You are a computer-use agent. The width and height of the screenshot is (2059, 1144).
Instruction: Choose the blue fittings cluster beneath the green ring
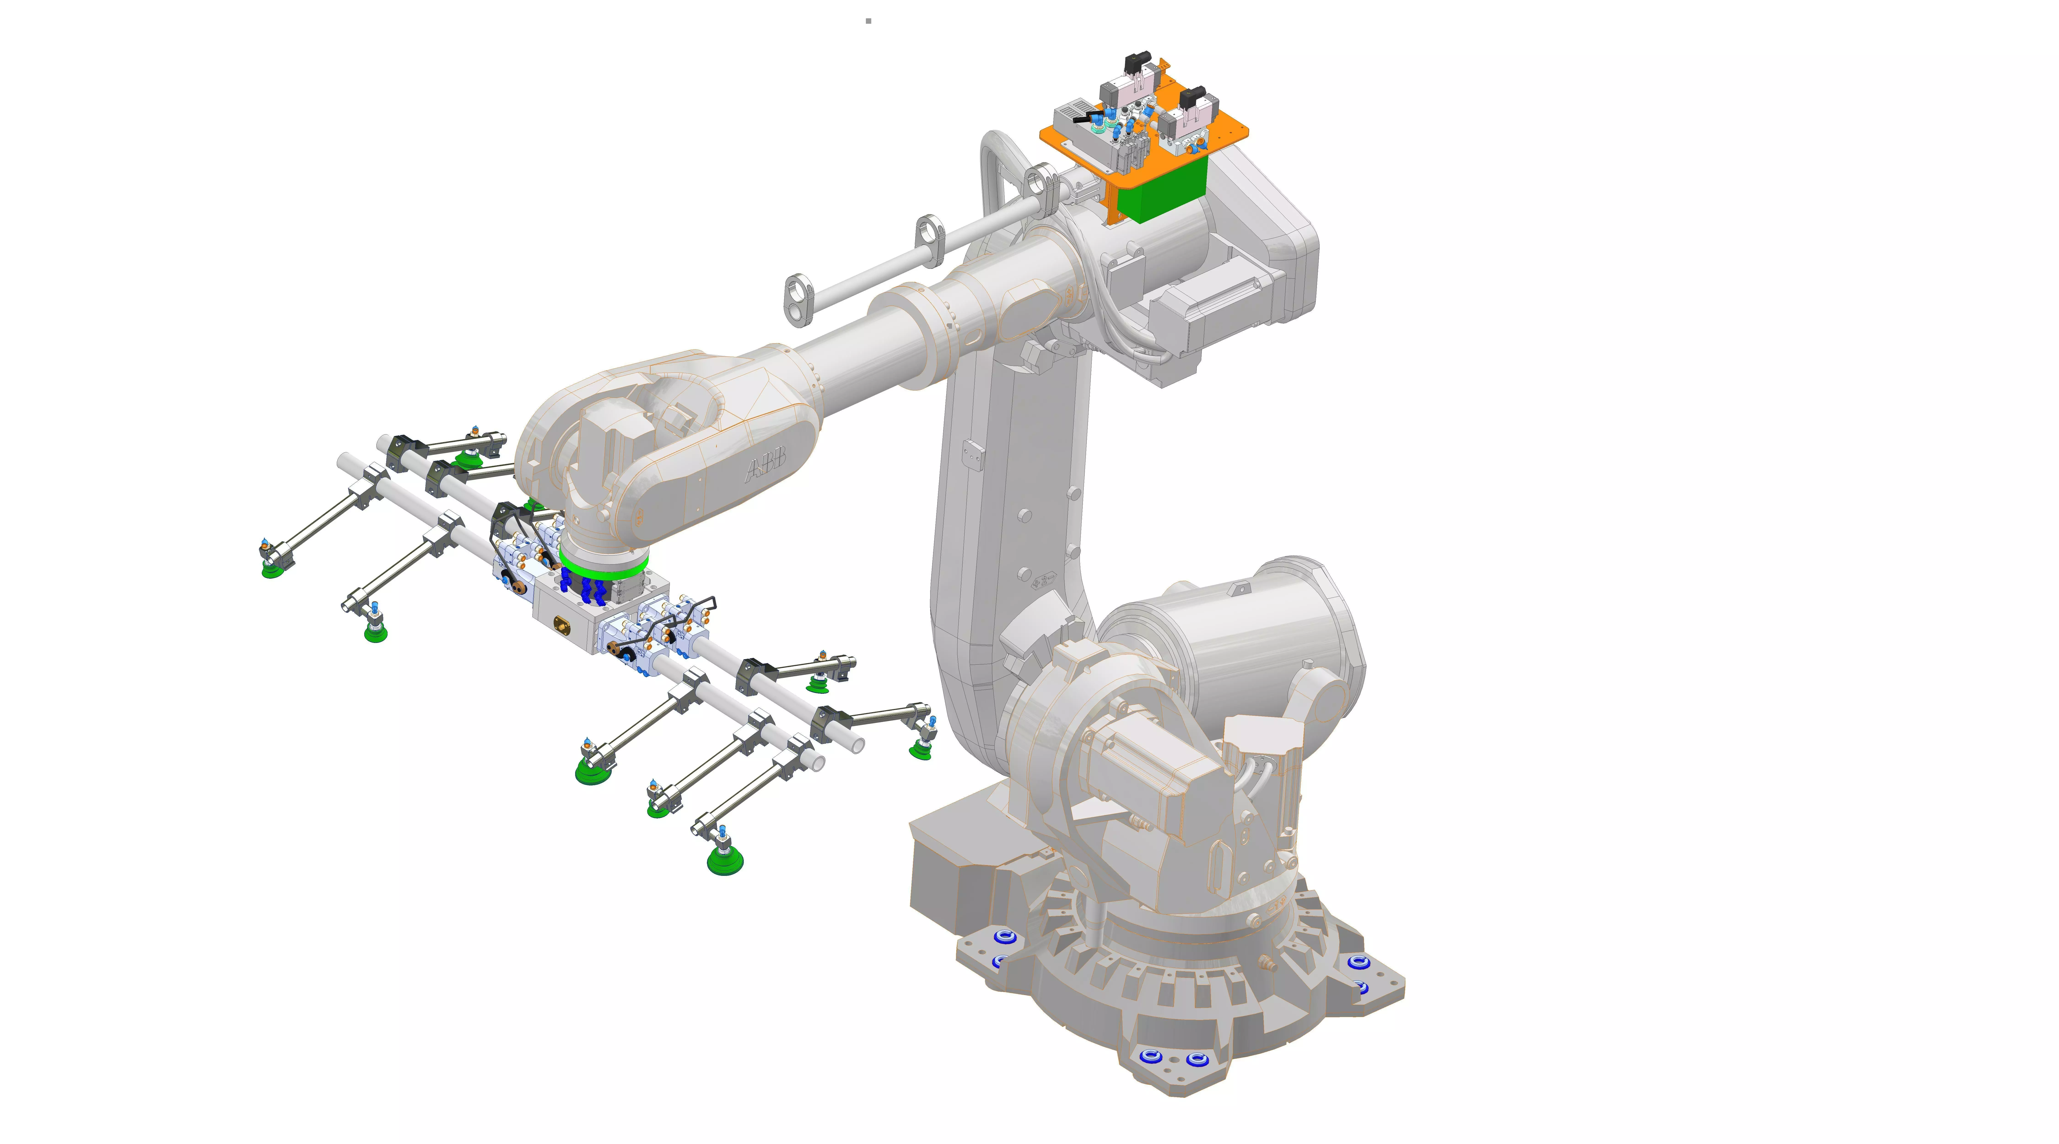[588, 590]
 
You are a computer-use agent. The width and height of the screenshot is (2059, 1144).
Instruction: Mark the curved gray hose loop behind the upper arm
[995, 168]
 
